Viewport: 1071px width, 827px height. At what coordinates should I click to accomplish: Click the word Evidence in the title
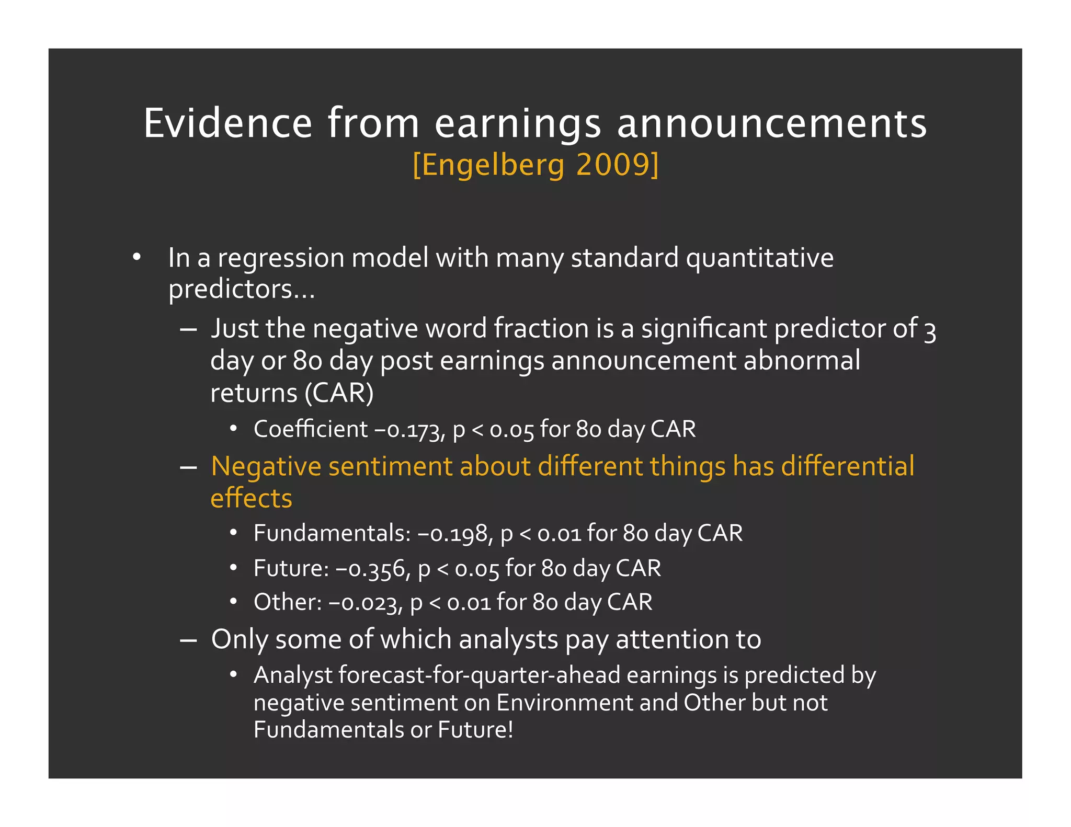pos(227,123)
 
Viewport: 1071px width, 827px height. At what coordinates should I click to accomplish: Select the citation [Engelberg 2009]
pos(535,165)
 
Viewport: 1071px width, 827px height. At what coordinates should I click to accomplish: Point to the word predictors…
pos(242,289)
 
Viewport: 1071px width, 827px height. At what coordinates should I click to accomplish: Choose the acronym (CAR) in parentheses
pos(339,393)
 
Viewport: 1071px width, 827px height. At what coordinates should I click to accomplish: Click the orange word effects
pos(251,498)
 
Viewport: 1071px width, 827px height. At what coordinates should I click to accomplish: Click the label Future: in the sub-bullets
pos(291,568)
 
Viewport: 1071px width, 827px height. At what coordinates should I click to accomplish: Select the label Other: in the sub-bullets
pos(288,602)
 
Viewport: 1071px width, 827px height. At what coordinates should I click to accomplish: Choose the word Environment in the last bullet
pos(564,703)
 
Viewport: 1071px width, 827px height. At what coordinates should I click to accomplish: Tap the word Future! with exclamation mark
pos(475,730)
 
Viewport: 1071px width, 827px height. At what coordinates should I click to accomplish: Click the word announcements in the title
pos(772,123)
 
